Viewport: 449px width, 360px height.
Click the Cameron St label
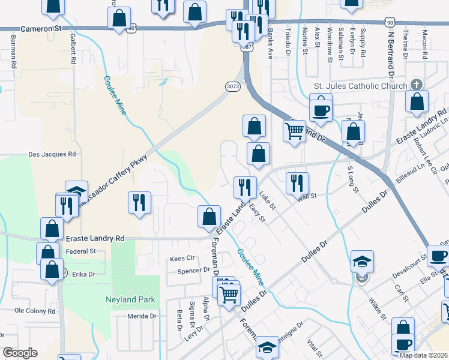[x=41, y=28]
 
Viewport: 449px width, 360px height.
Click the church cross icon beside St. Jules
[x=417, y=86]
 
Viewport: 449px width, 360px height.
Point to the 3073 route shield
[x=234, y=87]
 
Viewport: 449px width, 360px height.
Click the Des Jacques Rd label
[x=52, y=154]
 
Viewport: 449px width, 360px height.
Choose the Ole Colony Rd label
[x=35, y=311]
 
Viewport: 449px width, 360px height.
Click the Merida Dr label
[x=142, y=316]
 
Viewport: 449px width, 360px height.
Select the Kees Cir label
[x=183, y=259]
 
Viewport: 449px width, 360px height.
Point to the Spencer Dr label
[x=193, y=271]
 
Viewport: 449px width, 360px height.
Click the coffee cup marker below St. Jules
[x=320, y=110]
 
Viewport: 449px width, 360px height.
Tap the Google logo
[x=20, y=353]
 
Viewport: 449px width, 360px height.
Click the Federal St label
[x=80, y=251]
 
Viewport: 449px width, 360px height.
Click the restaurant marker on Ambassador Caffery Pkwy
[x=139, y=202]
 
